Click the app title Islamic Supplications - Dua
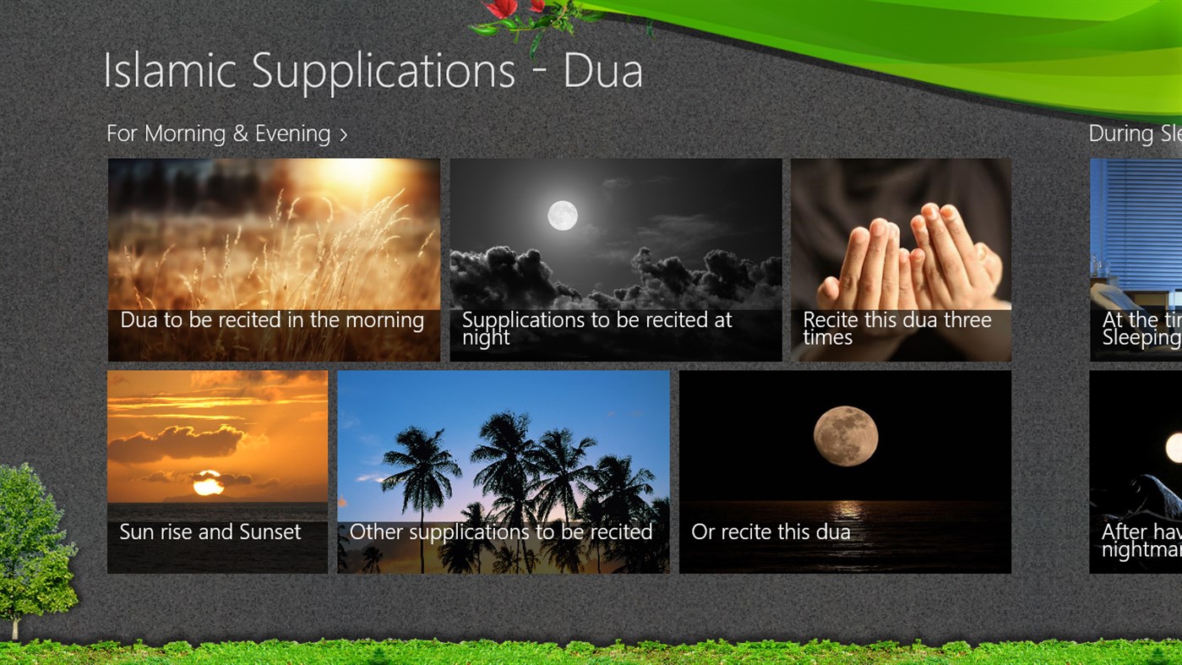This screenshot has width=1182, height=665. point(373,70)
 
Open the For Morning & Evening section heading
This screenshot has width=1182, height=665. point(218,134)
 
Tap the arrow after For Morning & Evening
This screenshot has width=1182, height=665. point(344,135)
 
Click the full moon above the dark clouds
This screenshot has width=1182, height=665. point(563,215)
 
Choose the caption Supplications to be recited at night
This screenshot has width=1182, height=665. point(596,329)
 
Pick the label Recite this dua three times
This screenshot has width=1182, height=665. point(896,329)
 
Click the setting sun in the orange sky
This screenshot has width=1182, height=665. point(208,483)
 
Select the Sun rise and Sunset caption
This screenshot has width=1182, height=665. point(210,532)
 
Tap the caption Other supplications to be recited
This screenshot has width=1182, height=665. point(501,532)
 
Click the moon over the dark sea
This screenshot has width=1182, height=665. point(845,436)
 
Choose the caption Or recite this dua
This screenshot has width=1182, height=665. point(771,532)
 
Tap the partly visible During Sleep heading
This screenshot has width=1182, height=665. point(1134,134)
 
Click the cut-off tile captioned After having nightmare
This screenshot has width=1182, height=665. point(1136,473)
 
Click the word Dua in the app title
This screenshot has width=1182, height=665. point(602,70)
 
